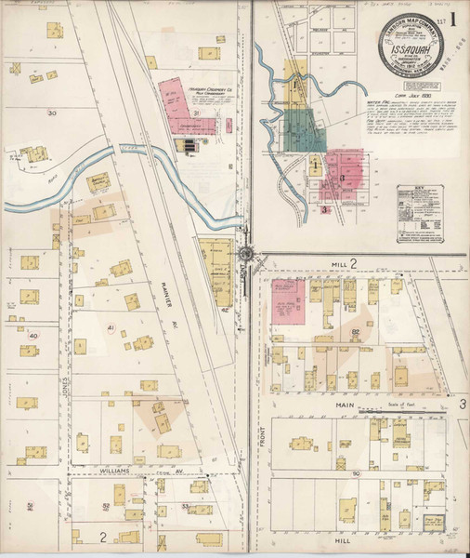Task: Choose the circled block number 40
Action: (x=33, y=335)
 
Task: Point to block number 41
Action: (x=110, y=328)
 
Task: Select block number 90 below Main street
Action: (x=355, y=472)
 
